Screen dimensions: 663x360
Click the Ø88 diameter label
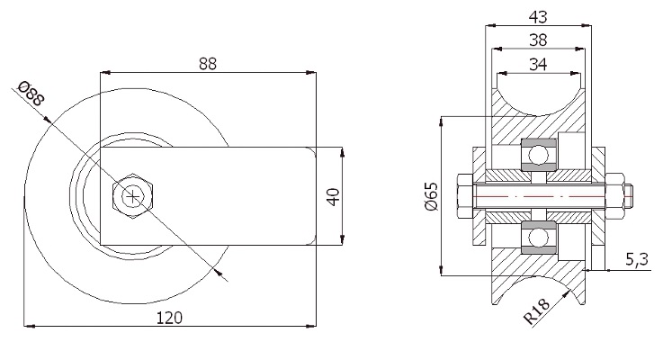[31, 94]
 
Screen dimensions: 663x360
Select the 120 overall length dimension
[169, 318]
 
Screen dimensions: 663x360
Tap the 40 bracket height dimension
[334, 197]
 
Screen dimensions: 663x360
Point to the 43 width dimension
[538, 17]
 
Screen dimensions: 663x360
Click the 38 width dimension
[538, 40]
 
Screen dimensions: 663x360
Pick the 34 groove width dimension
[538, 65]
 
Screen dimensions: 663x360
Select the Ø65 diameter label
[432, 196]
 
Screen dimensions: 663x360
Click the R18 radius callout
[536, 311]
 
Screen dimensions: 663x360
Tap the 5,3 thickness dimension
[637, 260]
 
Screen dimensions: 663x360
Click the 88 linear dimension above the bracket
[208, 64]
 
